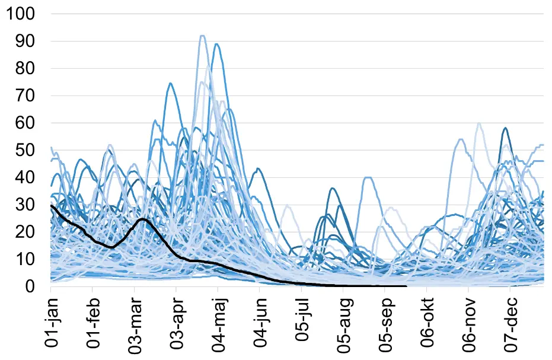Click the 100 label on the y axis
tap(21, 14)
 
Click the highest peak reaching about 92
tap(202, 36)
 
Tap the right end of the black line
tap(406, 286)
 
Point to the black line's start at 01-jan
tap(52, 205)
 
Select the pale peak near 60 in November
tap(478, 123)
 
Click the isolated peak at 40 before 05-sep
tap(368, 177)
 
